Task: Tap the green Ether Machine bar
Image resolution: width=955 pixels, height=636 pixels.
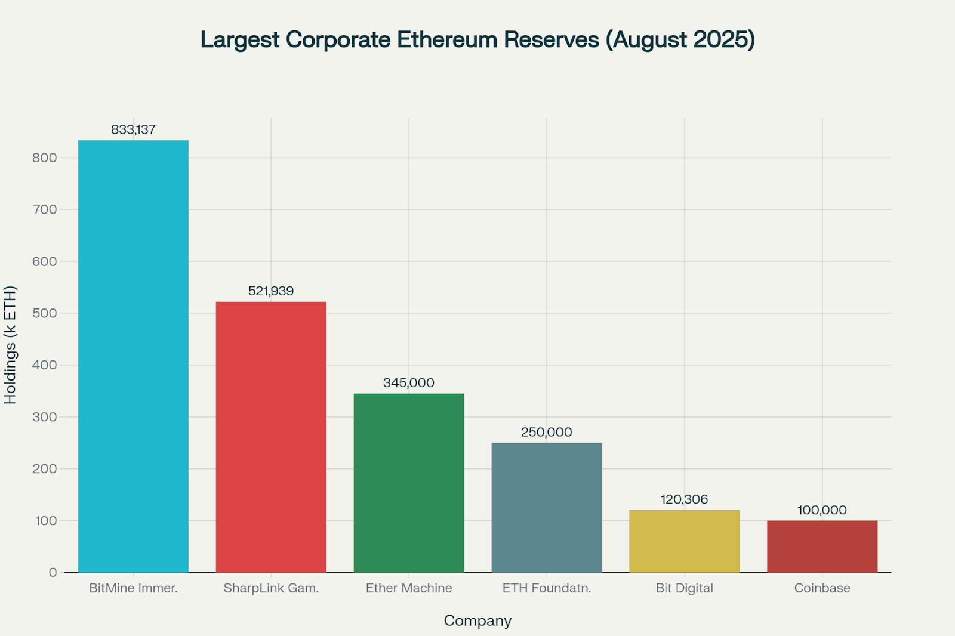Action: tap(409, 483)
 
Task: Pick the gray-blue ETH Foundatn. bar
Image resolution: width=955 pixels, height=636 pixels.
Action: tap(547, 507)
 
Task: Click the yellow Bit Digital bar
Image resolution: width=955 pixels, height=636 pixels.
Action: tap(685, 541)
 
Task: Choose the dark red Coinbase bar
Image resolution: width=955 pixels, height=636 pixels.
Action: tap(822, 547)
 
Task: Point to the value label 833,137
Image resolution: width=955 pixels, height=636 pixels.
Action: tap(133, 129)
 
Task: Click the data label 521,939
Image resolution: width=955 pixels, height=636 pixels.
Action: tap(271, 291)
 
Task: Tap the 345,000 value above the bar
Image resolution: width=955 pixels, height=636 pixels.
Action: tap(409, 383)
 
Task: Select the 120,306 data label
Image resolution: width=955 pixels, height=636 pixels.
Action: tap(684, 499)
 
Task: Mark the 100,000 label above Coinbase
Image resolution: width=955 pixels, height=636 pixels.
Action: tap(822, 510)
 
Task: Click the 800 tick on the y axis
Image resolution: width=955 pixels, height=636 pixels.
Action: tap(45, 158)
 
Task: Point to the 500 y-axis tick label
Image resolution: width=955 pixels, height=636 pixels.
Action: tap(45, 313)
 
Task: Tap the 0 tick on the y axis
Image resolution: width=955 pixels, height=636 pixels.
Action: tap(53, 573)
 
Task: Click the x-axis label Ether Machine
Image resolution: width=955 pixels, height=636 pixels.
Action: tap(409, 588)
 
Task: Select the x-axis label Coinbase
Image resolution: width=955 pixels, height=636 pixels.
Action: tap(822, 588)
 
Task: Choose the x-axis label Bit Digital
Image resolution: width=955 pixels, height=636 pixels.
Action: tap(684, 588)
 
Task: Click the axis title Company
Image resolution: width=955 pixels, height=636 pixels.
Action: tap(478, 621)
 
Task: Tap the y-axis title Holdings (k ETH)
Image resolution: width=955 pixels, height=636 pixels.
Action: tap(10, 345)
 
